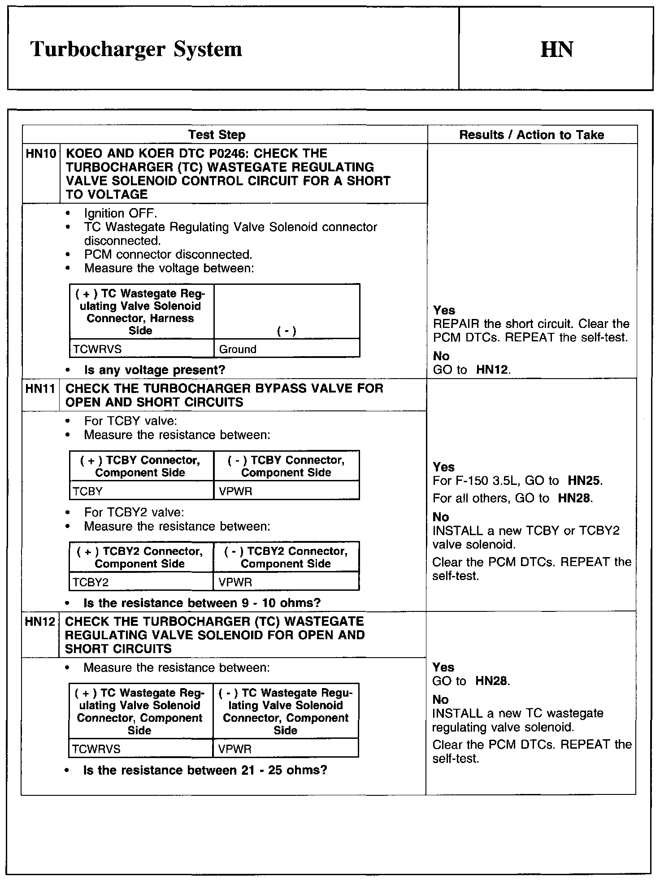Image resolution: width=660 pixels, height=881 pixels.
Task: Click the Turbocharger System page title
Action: [136, 49]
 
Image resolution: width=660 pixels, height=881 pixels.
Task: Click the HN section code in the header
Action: [556, 49]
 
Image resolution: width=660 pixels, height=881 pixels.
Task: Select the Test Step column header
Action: [217, 135]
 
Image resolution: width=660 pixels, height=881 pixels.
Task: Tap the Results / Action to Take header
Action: [531, 135]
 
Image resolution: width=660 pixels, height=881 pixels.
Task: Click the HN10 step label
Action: [41, 154]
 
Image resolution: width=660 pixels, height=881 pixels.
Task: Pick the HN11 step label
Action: [40, 388]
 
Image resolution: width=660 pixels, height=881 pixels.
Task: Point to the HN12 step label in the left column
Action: [40, 622]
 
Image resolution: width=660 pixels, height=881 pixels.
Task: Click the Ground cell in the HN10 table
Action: [238, 349]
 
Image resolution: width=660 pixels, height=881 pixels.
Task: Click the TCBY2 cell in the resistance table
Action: [91, 582]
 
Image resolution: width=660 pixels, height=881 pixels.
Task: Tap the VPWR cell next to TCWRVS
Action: [234, 749]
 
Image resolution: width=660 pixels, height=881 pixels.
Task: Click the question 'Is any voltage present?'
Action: [155, 370]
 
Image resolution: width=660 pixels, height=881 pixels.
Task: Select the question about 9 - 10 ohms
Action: [202, 603]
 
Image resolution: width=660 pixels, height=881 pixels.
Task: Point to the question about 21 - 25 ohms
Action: [205, 770]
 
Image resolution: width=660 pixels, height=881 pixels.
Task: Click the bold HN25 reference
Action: [584, 481]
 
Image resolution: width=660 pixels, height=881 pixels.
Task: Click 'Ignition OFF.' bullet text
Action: [121, 213]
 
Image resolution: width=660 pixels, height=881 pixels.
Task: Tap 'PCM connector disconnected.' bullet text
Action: [168, 254]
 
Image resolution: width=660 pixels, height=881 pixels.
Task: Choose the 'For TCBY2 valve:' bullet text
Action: [134, 512]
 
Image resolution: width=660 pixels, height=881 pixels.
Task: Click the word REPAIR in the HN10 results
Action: [456, 324]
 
